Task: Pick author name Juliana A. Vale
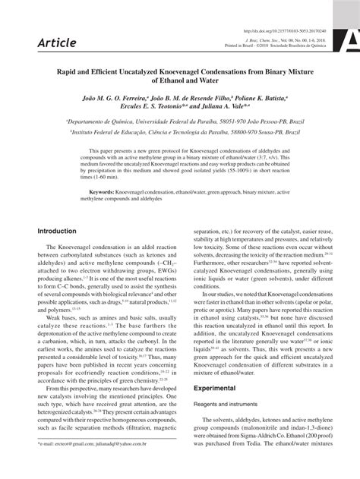coord(229,108)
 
